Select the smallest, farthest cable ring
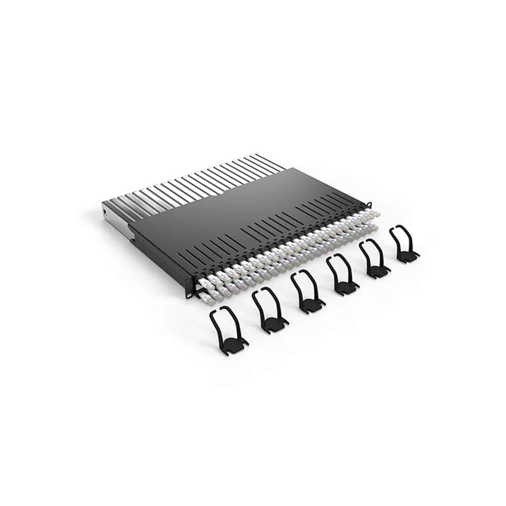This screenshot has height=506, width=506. pos(404,245)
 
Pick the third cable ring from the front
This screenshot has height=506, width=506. pos(308,292)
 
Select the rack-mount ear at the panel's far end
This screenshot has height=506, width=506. pos(370,204)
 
